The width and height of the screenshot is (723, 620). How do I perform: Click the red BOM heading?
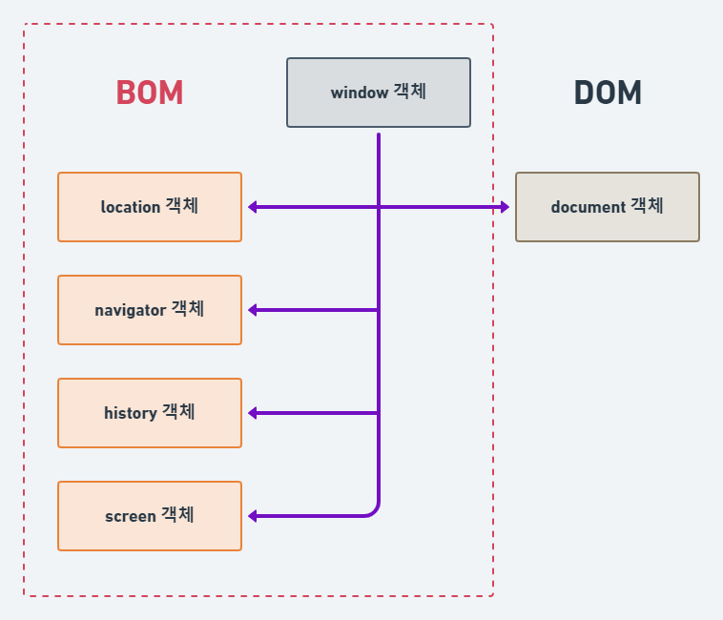click(x=149, y=93)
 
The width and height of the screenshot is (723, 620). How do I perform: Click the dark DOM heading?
click(x=608, y=93)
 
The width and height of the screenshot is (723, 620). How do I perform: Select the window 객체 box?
click(x=379, y=93)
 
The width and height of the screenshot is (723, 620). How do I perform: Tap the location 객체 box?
click(x=150, y=207)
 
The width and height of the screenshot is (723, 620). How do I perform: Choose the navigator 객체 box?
click(x=150, y=310)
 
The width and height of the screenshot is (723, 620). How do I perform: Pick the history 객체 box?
click(x=150, y=413)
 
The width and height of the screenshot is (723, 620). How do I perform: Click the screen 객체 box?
click(x=150, y=516)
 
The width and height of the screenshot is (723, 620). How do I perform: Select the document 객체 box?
click(x=608, y=207)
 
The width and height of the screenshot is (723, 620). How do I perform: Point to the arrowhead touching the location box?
click(x=254, y=207)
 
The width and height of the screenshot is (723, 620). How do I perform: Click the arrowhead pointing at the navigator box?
click(x=254, y=310)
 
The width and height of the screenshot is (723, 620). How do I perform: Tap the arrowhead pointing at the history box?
click(x=254, y=413)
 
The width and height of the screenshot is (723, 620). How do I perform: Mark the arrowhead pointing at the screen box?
click(x=254, y=516)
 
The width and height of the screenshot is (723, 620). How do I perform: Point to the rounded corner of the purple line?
click(x=374, y=511)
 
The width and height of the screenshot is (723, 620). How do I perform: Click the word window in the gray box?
click(x=359, y=93)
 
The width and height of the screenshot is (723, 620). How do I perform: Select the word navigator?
click(x=131, y=311)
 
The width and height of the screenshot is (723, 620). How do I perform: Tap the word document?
click(x=588, y=207)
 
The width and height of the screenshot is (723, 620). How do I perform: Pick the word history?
click(x=130, y=413)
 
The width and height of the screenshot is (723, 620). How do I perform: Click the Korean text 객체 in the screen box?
click(x=177, y=515)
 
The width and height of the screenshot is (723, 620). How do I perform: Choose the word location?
click(x=130, y=207)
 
